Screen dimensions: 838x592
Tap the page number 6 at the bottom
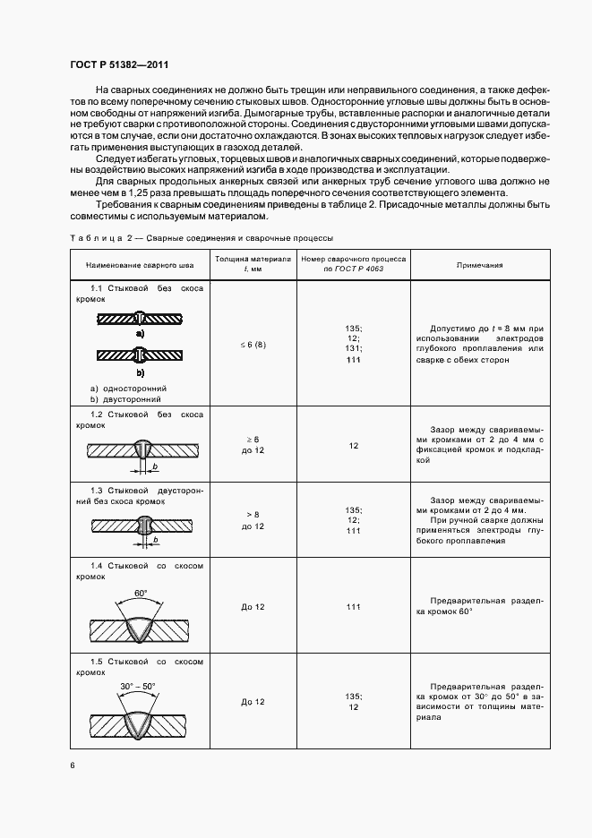[73, 765]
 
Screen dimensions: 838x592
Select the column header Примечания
[479, 265]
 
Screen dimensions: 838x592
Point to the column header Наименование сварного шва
[140, 265]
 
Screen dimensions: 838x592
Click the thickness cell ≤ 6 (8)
[253, 344]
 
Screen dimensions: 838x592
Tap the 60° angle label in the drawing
[140, 594]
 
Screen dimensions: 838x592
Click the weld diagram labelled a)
[140, 318]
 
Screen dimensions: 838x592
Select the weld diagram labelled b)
[140, 356]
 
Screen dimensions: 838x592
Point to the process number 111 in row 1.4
[354, 607]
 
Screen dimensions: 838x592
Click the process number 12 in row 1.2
[354, 445]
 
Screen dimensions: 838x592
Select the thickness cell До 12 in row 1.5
[253, 701]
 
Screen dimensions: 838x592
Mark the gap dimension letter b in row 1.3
[154, 540]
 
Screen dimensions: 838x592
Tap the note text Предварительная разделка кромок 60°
[479, 606]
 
